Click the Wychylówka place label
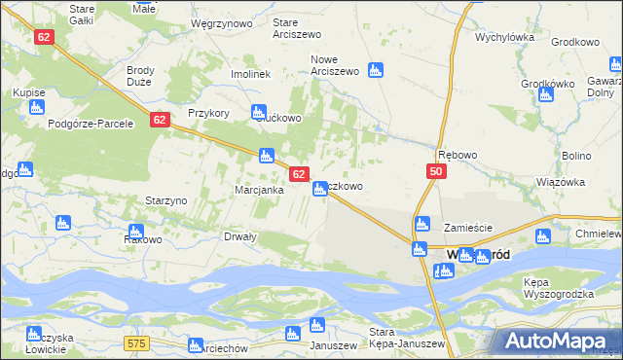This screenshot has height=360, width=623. [505, 38]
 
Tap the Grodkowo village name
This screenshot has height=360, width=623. [574, 43]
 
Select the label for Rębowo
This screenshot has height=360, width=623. [458, 155]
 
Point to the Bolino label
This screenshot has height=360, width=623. [576, 156]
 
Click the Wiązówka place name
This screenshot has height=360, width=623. [560, 182]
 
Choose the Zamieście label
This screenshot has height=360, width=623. [468, 228]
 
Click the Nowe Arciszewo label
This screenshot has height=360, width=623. [335, 65]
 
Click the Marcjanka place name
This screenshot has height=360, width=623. [259, 190]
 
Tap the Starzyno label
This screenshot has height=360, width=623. [165, 199]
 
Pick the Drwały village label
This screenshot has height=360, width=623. [240, 236]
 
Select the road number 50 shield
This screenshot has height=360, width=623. [435, 171]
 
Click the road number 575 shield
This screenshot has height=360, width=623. [136, 343]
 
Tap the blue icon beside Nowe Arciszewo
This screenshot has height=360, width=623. [375, 69]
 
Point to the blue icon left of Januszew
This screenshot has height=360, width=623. [291, 334]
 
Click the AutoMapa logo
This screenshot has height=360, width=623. [558, 341]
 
